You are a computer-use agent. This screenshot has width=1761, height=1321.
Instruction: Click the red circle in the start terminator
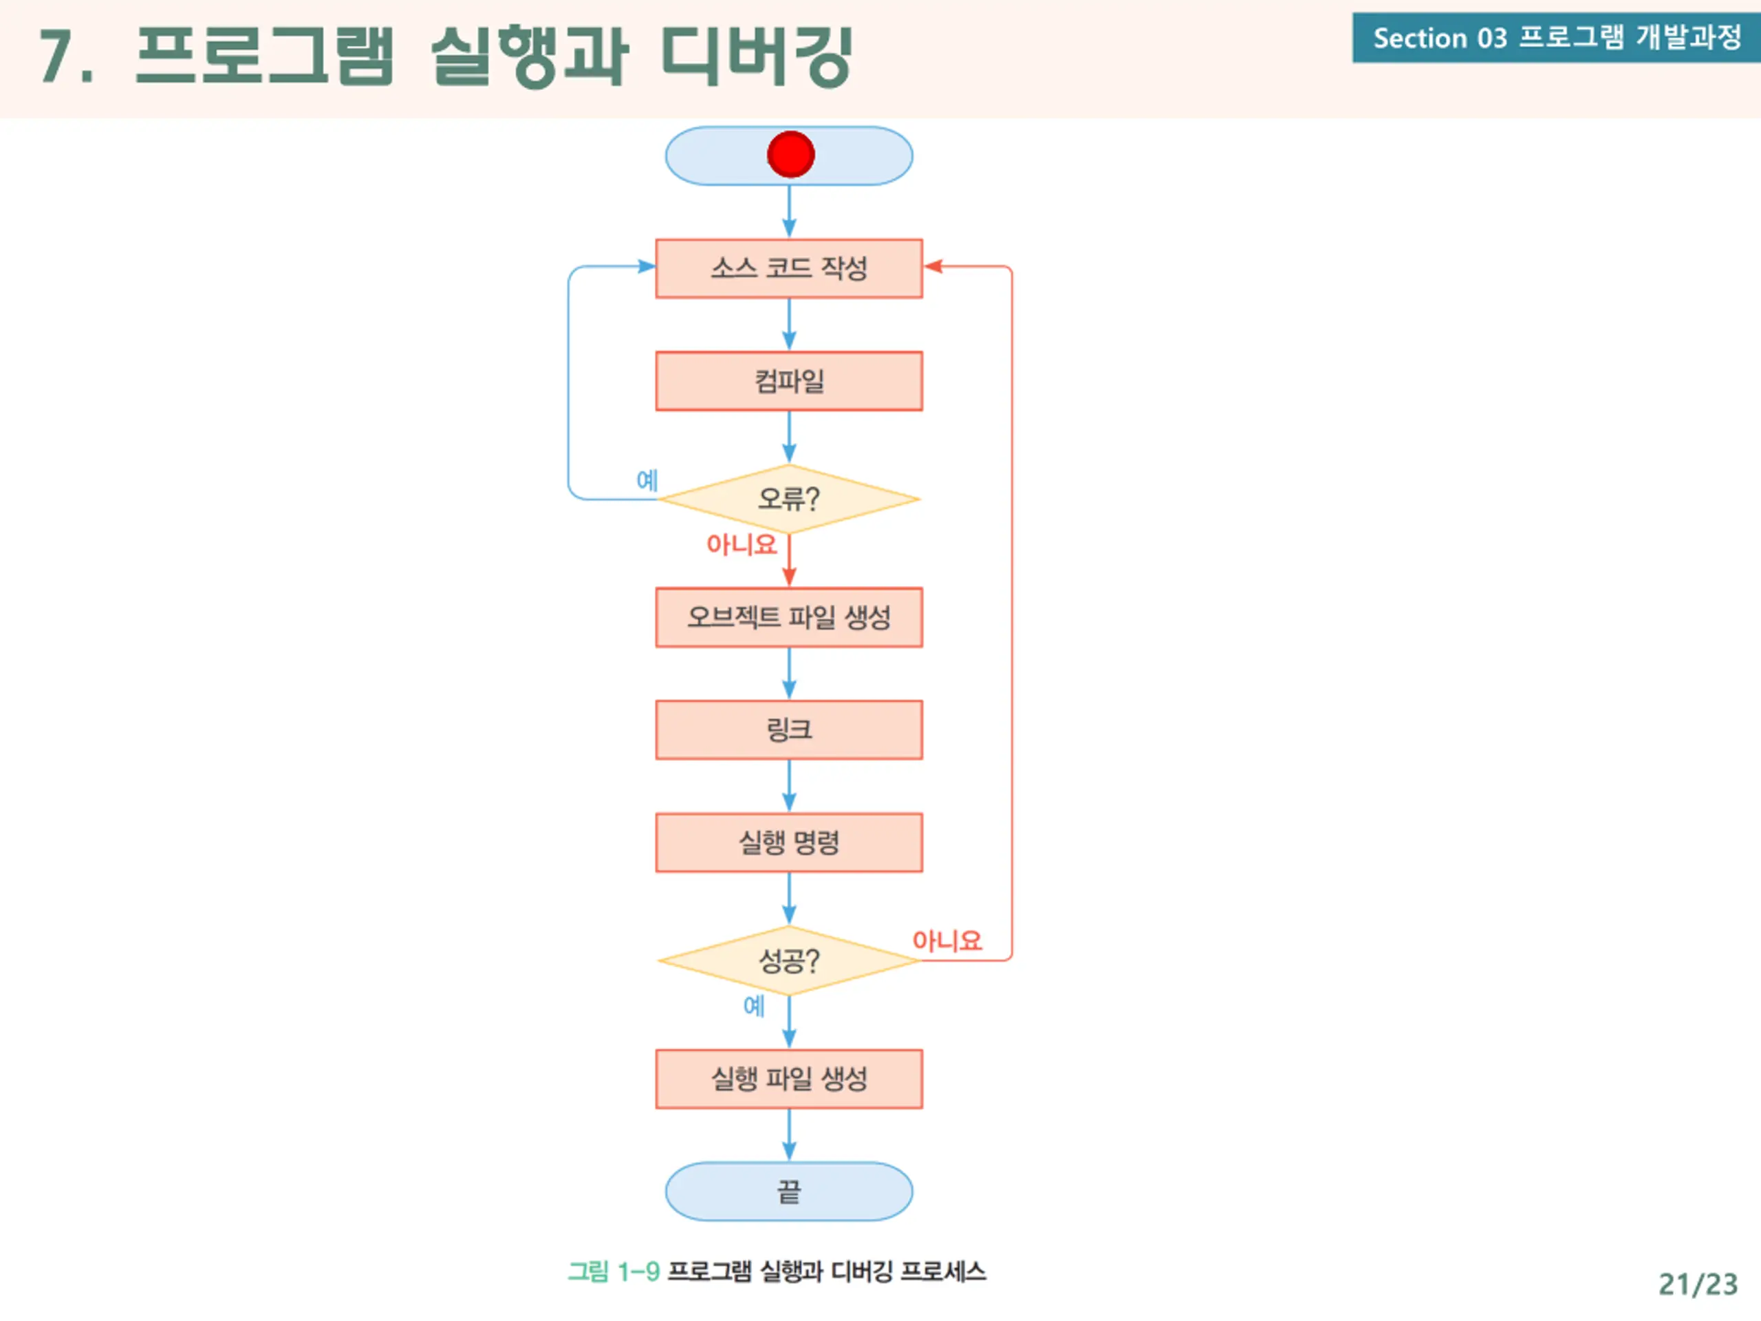pyautogui.click(x=790, y=155)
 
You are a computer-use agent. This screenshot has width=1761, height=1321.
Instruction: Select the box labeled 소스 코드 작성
pyautogui.click(x=789, y=268)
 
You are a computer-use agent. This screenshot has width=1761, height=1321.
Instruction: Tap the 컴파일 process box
pyautogui.click(x=789, y=380)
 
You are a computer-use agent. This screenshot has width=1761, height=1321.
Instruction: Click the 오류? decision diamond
pyautogui.click(x=789, y=500)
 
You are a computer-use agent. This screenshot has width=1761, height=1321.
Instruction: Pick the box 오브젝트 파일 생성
pyautogui.click(x=789, y=617)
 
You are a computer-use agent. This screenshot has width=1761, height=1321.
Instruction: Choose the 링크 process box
pyautogui.click(x=789, y=729)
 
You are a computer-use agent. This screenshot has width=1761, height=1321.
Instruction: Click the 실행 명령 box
pyautogui.click(x=789, y=842)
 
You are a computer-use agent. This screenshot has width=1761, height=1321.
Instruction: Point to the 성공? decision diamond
pyautogui.click(x=789, y=960)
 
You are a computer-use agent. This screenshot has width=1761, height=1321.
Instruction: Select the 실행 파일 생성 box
pyautogui.click(x=789, y=1079)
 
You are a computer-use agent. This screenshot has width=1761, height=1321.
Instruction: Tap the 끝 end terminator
pyautogui.click(x=789, y=1191)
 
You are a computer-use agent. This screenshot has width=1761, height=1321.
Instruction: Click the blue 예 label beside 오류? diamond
pyautogui.click(x=647, y=480)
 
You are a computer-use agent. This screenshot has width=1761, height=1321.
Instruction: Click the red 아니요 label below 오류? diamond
pyautogui.click(x=741, y=545)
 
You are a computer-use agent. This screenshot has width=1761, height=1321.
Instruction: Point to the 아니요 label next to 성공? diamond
pyautogui.click(x=947, y=941)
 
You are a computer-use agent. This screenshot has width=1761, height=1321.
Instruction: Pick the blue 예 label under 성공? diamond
pyautogui.click(x=754, y=1006)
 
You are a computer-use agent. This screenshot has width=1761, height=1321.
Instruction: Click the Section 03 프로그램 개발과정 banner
pyautogui.click(x=1557, y=37)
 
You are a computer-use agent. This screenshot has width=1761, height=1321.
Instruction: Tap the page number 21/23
pyautogui.click(x=1698, y=1285)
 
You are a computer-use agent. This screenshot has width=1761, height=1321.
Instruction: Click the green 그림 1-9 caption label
pyautogui.click(x=614, y=1271)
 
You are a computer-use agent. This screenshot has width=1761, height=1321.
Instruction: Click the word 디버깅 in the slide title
pyautogui.click(x=758, y=55)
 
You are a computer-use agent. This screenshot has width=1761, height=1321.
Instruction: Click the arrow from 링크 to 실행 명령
pyautogui.click(x=789, y=786)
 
